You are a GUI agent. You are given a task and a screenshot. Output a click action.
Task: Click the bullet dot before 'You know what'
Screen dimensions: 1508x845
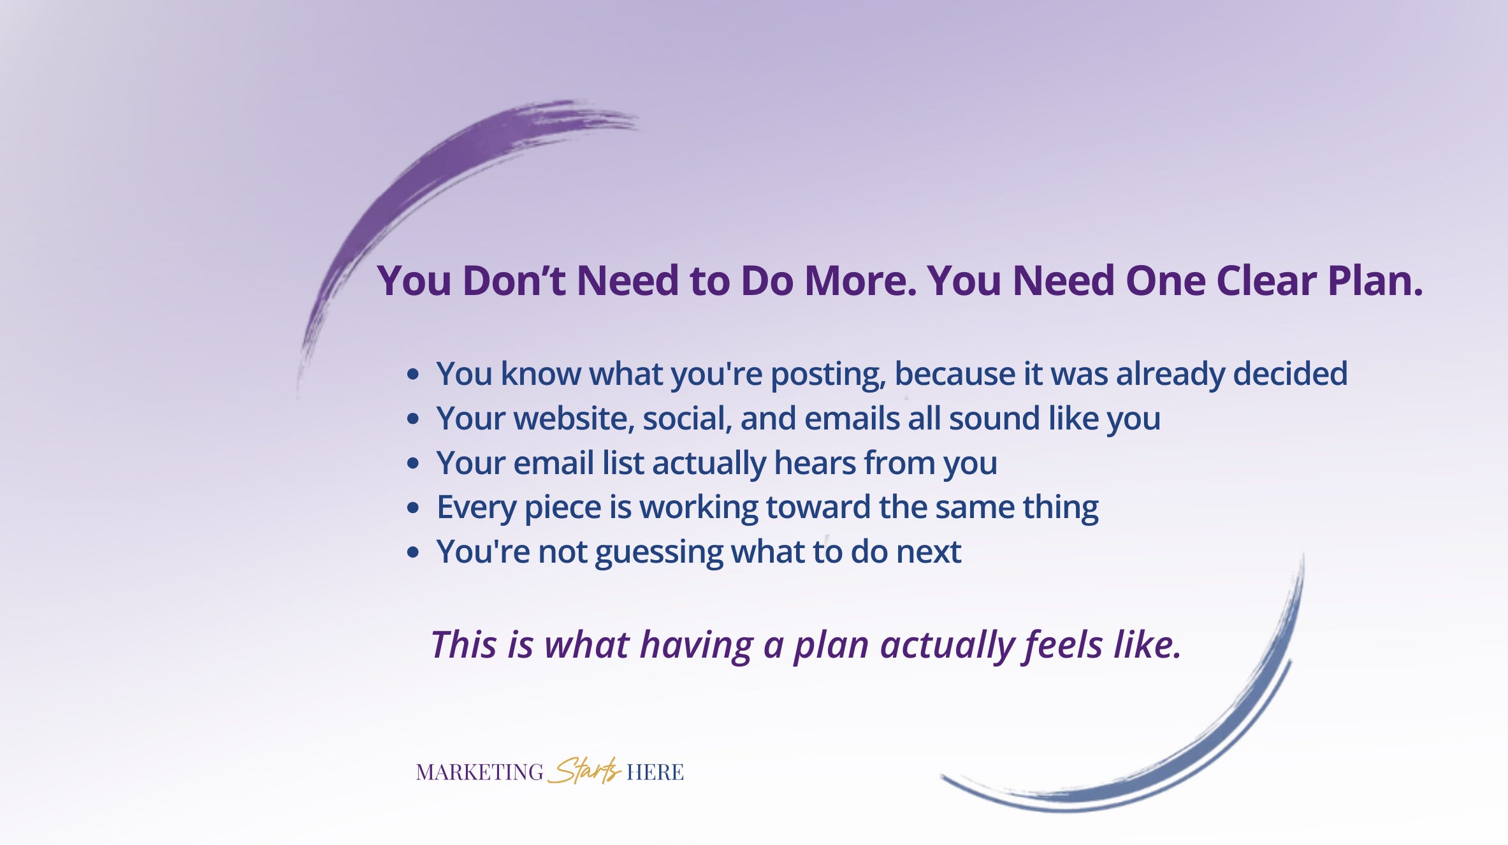(413, 374)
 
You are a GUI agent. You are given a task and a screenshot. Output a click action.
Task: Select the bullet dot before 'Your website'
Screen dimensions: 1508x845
(413, 419)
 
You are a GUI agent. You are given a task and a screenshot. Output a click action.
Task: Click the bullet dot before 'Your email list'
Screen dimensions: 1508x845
(413, 463)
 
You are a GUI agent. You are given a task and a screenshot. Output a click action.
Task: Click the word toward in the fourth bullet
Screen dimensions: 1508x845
(818, 508)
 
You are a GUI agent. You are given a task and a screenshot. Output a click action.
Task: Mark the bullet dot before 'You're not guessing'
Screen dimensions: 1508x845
(413, 552)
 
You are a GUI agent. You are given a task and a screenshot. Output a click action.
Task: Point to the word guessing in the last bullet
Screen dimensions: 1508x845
(659, 552)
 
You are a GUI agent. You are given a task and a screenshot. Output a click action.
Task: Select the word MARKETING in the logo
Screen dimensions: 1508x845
(479, 772)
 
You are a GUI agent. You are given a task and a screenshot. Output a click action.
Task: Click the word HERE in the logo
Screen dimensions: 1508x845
(655, 772)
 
